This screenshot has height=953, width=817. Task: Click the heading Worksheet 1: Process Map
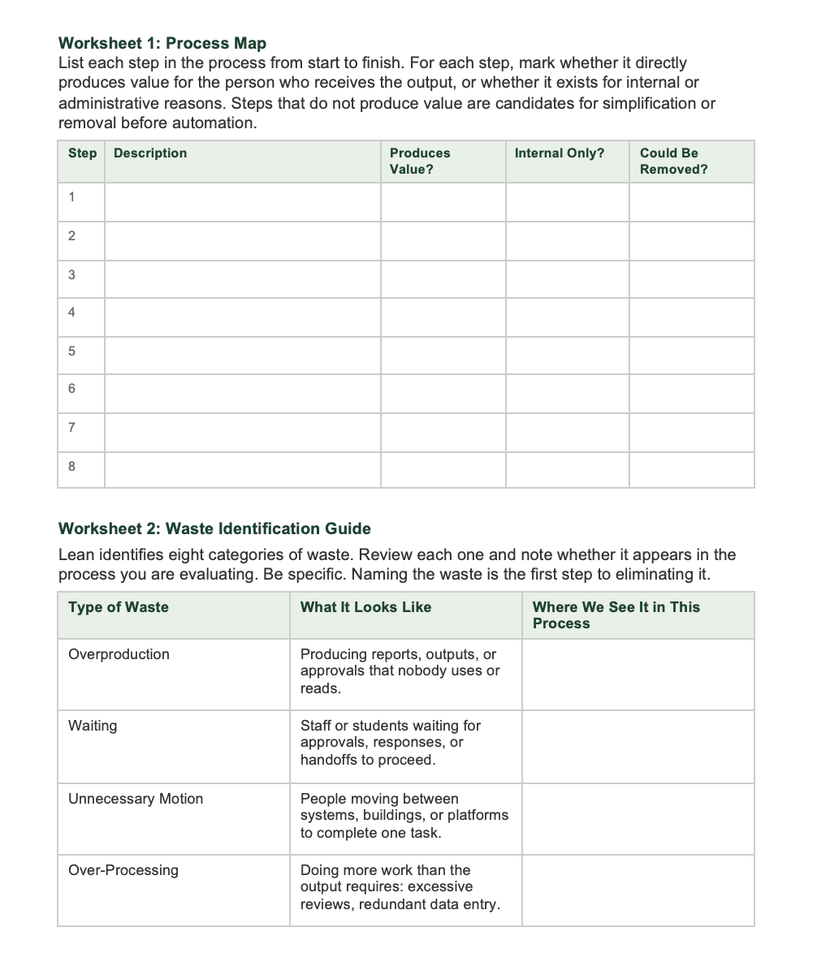(x=162, y=43)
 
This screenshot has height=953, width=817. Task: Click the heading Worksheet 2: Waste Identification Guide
(x=214, y=528)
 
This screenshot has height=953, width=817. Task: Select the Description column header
(x=150, y=153)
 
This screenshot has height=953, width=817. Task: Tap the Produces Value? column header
(x=420, y=161)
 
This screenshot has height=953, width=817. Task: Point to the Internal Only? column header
(x=560, y=153)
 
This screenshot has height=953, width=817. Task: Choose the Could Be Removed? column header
(x=673, y=161)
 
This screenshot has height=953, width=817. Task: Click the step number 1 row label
(x=72, y=197)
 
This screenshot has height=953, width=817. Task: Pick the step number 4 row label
(x=72, y=313)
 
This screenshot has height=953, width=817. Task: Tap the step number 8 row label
(x=72, y=467)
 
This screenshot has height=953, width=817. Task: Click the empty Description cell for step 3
(x=242, y=274)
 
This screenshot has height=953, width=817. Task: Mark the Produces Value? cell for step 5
(x=443, y=351)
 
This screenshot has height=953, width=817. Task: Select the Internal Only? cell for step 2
(x=567, y=236)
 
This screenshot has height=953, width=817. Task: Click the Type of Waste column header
(x=119, y=607)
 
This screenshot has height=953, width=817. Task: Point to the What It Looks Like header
(x=365, y=607)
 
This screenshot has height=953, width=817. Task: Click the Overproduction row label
(x=119, y=654)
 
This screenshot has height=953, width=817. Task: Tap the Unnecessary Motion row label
(x=136, y=799)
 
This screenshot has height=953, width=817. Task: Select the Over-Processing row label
(x=123, y=870)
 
